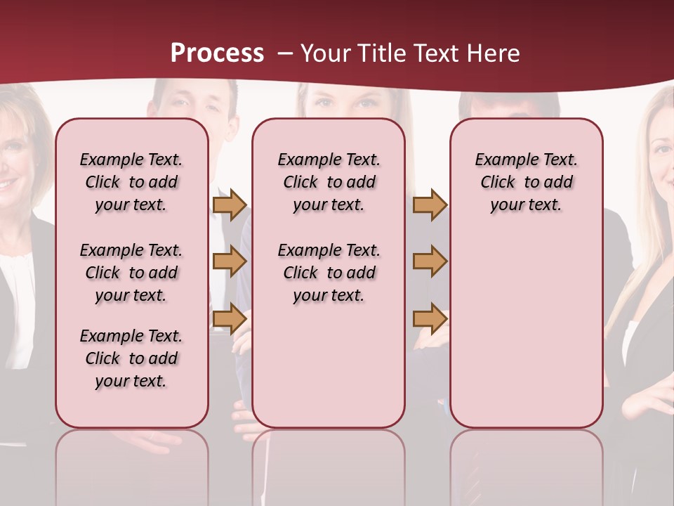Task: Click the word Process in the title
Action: click(217, 53)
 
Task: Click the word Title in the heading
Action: click(381, 53)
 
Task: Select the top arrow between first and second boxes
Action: click(229, 205)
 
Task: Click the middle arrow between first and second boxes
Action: click(229, 261)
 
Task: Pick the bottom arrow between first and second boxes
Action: click(229, 319)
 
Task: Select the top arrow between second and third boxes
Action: click(430, 205)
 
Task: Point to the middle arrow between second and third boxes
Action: click(430, 261)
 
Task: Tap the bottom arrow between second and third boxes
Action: click(430, 319)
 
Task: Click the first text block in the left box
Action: click(131, 182)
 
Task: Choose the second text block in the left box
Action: click(131, 273)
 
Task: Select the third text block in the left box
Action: click(131, 358)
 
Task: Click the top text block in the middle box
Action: click(329, 182)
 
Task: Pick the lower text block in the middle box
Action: click(329, 273)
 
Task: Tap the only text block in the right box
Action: click(526, 182)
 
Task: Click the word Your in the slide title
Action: click(325, 53)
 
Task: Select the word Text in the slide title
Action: click(436, 53)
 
